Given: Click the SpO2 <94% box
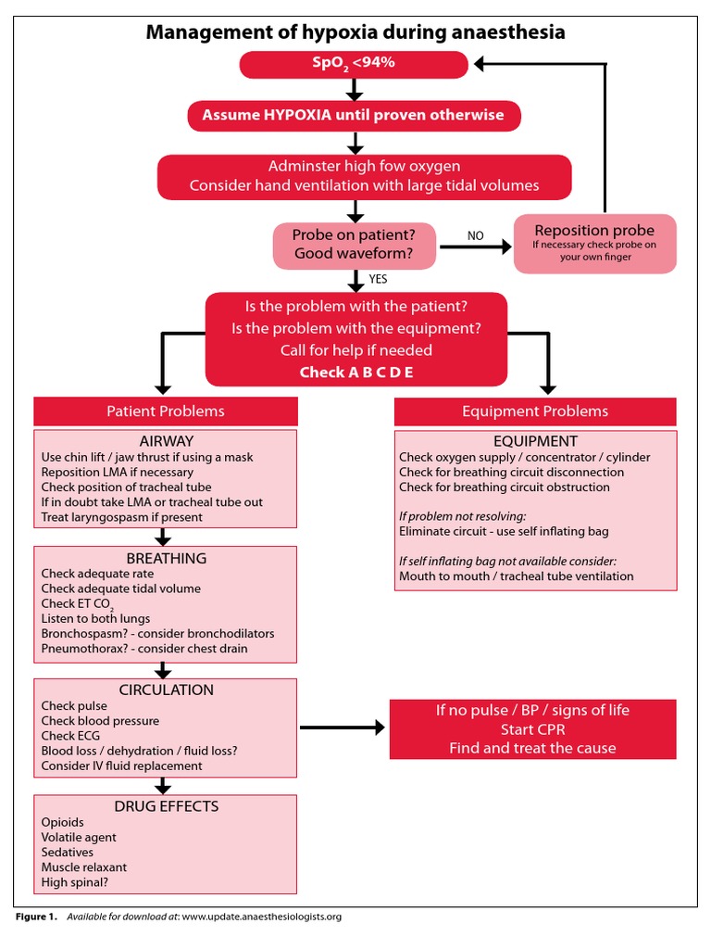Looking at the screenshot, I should (x=354, y=65).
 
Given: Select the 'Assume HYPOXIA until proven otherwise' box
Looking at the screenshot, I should (x=353, y=116).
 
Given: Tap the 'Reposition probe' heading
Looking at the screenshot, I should (x=594, y=230).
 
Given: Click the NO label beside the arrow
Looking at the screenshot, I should (x=475, y=236).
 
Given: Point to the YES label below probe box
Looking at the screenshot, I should (x=378, y=278).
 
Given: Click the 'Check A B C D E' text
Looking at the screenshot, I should (x=355, y=372).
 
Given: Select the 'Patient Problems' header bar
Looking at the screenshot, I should (x=166, y=411).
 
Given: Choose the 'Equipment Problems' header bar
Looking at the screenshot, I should (x=535, y=411).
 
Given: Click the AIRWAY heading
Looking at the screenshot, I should (x=166, y=441).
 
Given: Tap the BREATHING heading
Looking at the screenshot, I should (x=166, y=558).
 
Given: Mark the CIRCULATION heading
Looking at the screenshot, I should (x=166, y=690).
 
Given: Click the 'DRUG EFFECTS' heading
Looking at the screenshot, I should (x=166, y=806).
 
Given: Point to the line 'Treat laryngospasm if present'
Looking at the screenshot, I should (x=121, y=517).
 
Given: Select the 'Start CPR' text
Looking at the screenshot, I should (x=532, y=729).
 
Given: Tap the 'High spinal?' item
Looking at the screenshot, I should (x=74, y=882).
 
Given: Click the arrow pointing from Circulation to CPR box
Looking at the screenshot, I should (x=343, y=728).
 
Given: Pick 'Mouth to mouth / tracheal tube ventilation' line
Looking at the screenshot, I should (x=516, y=576).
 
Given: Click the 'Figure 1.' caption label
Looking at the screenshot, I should (x=37, y=917).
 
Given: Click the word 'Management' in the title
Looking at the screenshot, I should (x=205, y=33).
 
